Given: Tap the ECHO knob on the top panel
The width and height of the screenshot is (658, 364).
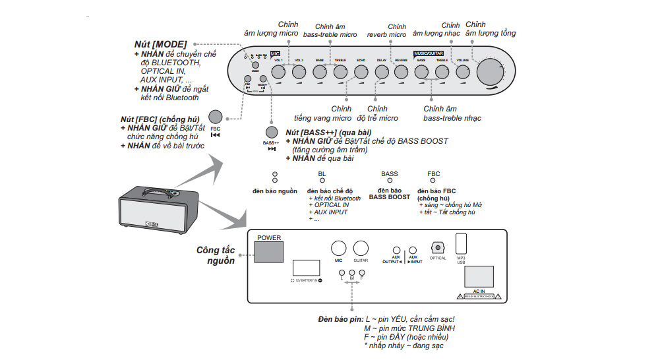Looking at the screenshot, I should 360,71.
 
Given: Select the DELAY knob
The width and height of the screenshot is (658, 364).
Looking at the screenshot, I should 381,71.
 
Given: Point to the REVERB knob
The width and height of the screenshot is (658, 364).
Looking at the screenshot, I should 402,71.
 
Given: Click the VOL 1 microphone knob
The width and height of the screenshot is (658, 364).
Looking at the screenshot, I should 277,71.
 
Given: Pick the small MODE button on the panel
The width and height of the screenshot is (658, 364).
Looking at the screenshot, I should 255,65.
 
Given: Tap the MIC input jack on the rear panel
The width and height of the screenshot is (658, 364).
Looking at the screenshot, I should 338,248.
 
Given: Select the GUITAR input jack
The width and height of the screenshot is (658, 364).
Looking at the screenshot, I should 361,248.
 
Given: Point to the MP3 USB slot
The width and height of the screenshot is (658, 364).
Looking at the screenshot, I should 462,242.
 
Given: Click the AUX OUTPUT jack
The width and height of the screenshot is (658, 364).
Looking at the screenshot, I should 396,250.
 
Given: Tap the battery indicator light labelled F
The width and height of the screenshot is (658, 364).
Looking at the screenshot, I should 362,272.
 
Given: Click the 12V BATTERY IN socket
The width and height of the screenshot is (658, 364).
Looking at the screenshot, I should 305,268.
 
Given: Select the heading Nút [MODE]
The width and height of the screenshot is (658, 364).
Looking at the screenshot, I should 160,44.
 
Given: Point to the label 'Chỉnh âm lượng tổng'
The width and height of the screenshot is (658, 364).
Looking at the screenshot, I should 490,29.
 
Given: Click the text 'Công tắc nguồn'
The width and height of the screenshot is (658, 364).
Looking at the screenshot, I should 216,255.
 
